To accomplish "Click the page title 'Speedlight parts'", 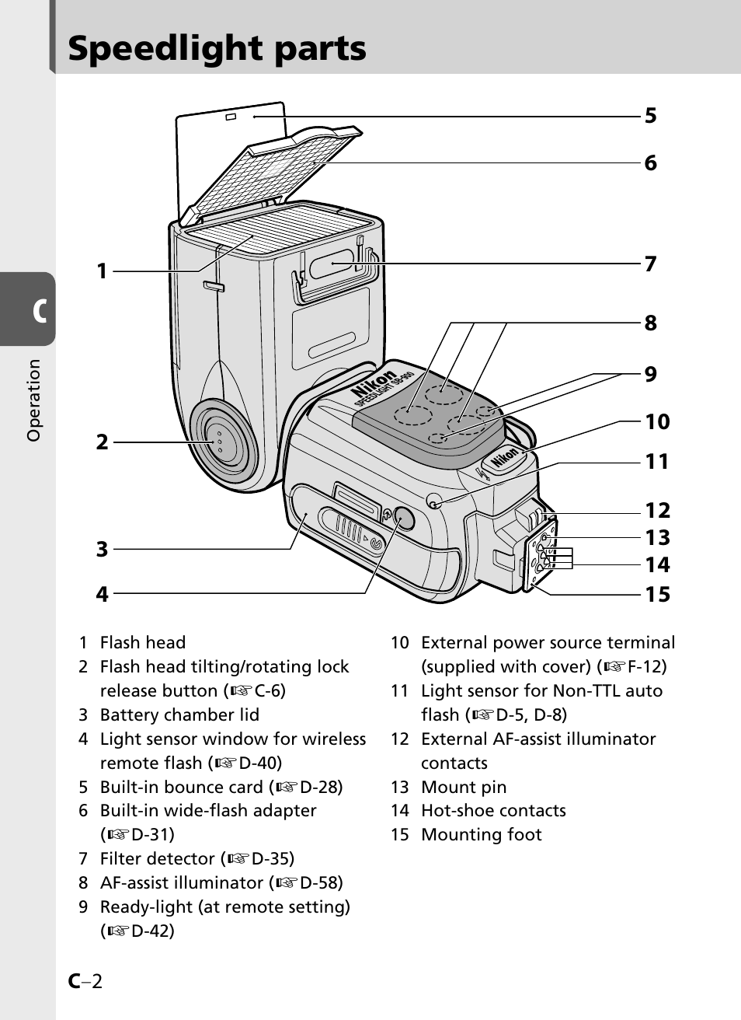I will [217, 48].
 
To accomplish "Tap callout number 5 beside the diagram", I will [650, 116].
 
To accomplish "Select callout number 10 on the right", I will [657, 422].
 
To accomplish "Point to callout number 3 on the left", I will [102, 550].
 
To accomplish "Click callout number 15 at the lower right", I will [657, 595].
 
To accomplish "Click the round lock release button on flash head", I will [220, 441].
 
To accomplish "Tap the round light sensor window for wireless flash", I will [403, 515].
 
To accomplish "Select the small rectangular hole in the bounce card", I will [230, 117].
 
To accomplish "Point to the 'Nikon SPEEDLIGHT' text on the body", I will [383, 388].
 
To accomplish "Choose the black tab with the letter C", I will [31, 309].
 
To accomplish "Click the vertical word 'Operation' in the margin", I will [33, 400].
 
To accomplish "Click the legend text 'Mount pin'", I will [463, 787].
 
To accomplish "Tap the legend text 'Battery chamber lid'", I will [179, 714].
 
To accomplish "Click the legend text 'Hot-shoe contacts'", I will [493, 811].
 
